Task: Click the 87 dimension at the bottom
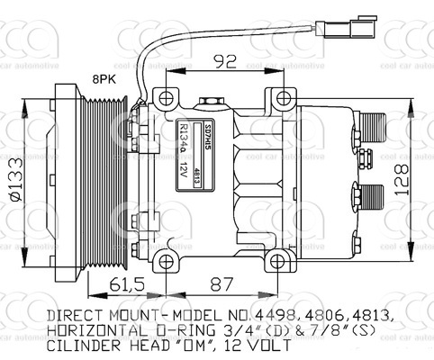[219, 285]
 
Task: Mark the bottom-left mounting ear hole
[164, 261]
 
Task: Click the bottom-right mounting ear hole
[283, 261]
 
